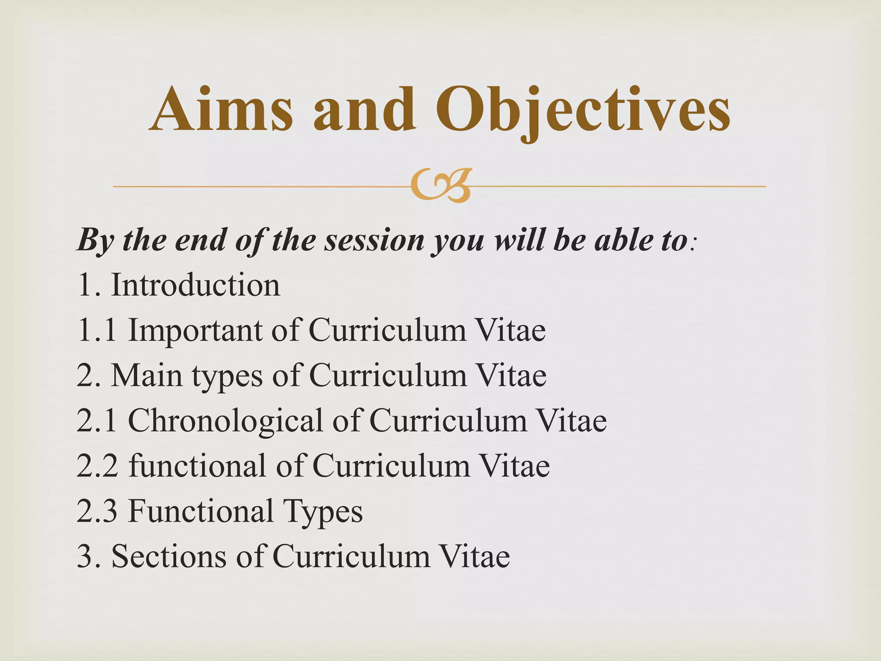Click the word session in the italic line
tap(374, 240)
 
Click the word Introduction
tap(196, 285)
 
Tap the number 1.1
tap(97, 330)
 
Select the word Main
tap(146, 375)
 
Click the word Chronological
tap(225, 420)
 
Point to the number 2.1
tap(97, 420)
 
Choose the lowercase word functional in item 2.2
tap(197, 466)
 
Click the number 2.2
tap(97, 466)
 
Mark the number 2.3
tap(97, 511)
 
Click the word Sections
tap(169, 556)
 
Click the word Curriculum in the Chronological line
tap(448, 420)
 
